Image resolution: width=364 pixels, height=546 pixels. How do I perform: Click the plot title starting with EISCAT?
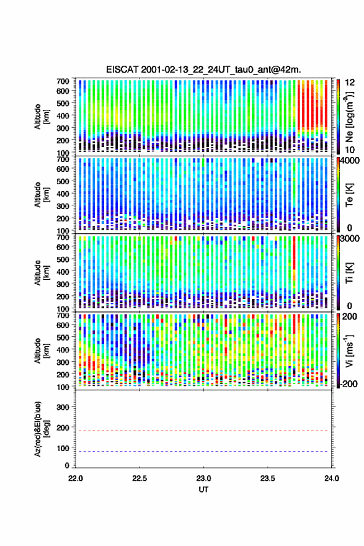[x=203, y=69]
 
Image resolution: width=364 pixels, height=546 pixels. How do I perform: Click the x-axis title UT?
[x=203, y=490]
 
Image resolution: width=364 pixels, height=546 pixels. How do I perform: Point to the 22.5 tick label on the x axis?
[x=140, y=478]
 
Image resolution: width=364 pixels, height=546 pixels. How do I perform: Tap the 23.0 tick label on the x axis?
[x=203, y=478]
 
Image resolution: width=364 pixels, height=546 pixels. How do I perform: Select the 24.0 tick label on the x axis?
[x=332, y=478]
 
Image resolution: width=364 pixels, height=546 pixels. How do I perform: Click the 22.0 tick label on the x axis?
[x=76, y=478]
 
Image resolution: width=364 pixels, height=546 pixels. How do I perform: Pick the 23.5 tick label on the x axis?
[x=268, y=478]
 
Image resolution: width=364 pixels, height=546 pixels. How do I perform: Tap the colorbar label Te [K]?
[x=349, y=195]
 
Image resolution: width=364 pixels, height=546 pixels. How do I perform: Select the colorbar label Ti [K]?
[x=349, y=272]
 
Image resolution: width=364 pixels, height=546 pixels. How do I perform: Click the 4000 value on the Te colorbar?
[x=350, y=161]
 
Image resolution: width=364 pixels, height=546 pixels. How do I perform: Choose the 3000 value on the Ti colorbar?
[x=350, y=239]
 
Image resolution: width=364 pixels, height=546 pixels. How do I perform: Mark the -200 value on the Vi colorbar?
[x=349, y=384]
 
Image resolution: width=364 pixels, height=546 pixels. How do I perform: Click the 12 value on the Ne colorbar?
[x=350, y=83]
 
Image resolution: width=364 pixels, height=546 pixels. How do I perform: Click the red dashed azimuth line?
[x=203, y=431]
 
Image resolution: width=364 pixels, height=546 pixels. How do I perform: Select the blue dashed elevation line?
[x=203, y=451]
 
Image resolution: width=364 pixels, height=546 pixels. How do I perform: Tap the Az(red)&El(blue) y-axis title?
[x=41, y=429]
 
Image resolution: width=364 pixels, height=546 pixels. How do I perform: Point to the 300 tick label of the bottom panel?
[x=63, y=407]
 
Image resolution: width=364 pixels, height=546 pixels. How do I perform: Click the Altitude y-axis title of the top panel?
[x=41, y=117]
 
